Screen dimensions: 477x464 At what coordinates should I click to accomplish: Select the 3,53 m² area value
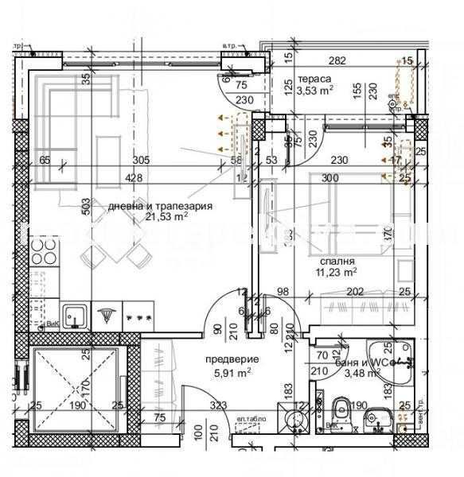pos(314,91)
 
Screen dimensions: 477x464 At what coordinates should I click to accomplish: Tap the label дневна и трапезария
pos(161,205)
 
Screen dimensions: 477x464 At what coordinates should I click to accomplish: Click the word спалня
pos(337,261)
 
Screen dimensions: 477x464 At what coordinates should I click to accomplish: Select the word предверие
pos(228,358)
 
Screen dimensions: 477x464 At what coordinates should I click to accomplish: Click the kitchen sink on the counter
pos(75,316)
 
